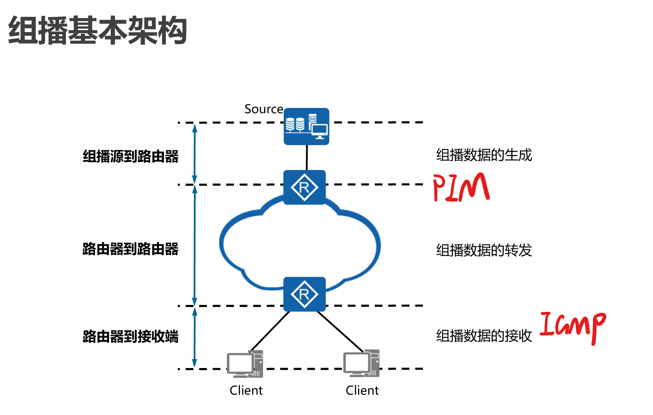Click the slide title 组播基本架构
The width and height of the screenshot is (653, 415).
point(97,31)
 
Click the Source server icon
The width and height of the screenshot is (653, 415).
point(306,126)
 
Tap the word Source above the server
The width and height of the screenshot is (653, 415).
point(263,109)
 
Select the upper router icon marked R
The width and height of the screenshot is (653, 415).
point(304,188)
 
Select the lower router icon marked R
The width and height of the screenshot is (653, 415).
point(304,294)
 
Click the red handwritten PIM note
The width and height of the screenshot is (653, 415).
point(461,188)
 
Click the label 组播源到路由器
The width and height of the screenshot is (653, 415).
point(130,156)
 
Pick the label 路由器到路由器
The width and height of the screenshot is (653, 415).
point(130,249)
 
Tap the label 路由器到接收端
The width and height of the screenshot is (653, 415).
point(130,336)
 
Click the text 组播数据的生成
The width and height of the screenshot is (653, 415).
point(484,155)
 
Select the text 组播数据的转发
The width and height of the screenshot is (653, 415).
point(484,250)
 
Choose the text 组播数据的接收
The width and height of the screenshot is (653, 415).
point(484,336)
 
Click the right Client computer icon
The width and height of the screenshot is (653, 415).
point(361,364)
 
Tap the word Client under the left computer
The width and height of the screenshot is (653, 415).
point(246,390)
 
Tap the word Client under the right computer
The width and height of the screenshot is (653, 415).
point(362,390)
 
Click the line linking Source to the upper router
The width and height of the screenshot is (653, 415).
point(307,158)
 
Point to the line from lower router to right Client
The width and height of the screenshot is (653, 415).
point(340,331)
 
